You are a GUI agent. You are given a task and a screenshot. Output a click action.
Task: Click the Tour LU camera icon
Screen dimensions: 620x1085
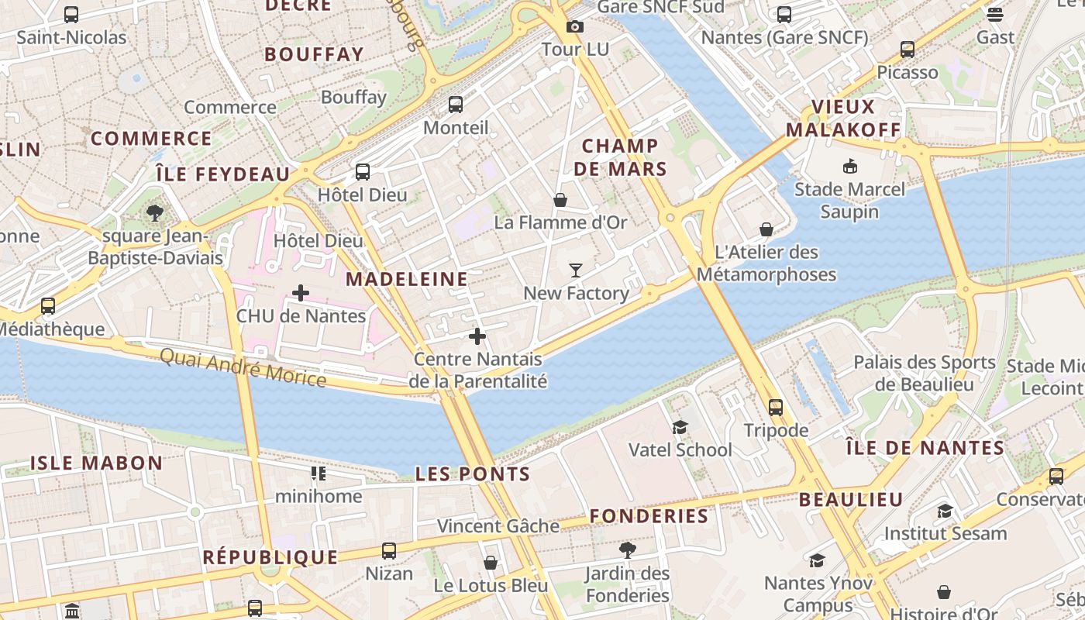574,27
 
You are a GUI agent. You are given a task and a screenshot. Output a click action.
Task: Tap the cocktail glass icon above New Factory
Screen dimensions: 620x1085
575,270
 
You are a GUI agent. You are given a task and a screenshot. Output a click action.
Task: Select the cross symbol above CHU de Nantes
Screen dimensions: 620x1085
301,293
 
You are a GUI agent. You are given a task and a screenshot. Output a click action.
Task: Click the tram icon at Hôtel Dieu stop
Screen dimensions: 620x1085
362,172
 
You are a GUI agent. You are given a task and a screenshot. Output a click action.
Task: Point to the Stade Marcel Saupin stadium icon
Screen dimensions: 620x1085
849,166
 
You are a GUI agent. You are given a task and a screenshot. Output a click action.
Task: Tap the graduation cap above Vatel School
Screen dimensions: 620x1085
680,427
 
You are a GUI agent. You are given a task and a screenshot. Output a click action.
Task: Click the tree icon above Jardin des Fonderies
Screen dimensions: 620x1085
628,550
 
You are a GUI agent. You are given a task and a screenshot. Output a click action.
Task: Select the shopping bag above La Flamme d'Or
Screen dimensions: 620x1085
560,200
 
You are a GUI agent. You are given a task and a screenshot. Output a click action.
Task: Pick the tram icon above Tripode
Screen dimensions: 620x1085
776,408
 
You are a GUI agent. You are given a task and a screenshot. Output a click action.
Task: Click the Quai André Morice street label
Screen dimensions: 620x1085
243,367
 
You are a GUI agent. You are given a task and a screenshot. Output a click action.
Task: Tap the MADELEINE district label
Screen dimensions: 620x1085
407,279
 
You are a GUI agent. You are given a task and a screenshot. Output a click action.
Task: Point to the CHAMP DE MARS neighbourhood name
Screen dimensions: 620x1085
620,157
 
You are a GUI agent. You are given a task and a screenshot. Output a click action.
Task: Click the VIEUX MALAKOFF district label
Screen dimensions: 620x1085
843,119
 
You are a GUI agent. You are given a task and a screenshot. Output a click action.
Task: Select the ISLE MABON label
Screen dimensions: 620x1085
97,463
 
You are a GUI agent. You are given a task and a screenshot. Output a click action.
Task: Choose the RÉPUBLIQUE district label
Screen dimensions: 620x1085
270,557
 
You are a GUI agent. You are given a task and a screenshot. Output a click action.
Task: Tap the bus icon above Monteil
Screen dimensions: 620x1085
456,105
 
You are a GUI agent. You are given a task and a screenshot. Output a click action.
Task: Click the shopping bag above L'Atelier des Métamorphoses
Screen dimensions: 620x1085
766,229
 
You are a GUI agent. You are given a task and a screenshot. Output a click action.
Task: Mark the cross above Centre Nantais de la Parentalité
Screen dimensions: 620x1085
477,336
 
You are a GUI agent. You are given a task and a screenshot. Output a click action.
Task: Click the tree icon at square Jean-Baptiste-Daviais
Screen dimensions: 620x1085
155,212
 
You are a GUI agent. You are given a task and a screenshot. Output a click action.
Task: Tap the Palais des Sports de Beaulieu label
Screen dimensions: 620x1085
924,373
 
